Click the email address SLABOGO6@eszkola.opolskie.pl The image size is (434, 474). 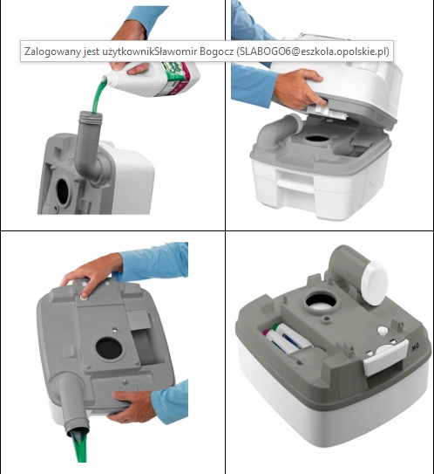pyautogui.click(x=312, y=52)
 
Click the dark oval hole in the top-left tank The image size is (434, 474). pyautogui.click(x=63, y=191)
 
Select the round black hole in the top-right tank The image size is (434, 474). pyautogui.click(x=316, y=139)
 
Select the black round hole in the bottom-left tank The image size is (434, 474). pyautogui.click(x=109, y=348)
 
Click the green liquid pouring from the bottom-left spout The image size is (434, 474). pyautogui.click(x=79, y=448)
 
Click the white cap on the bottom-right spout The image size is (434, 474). pyautogui.click(x=375, y=284)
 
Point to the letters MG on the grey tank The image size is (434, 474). pyautogui.click(x=416, y=347)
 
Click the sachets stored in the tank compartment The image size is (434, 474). pyautogui.click(x=287, y=339)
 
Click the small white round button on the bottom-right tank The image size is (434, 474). pyautogui.click(x=383, y=331)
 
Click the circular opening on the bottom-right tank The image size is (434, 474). pyautogui.click(x=321, y=302)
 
